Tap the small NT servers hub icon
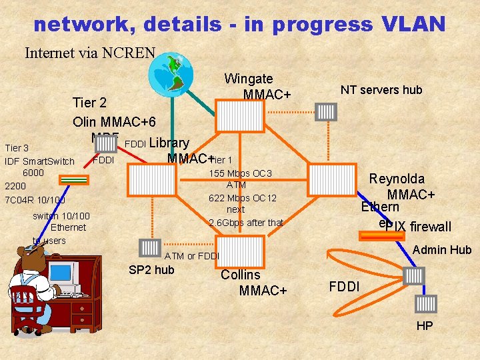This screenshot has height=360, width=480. (x=327, y=111)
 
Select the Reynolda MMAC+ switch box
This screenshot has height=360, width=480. (x=333, y=179)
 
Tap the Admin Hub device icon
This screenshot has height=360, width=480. (x=414, y=275)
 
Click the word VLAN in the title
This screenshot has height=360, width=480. (x=414, y=24)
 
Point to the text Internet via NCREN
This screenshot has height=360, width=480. (x=90, y=52)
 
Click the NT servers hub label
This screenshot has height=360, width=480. (x=381, y=90)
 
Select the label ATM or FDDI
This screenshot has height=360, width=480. (x=191, y=256)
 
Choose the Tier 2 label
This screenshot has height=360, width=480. (x=89, y=103)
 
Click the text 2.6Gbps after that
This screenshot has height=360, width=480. (x=245, y=222)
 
